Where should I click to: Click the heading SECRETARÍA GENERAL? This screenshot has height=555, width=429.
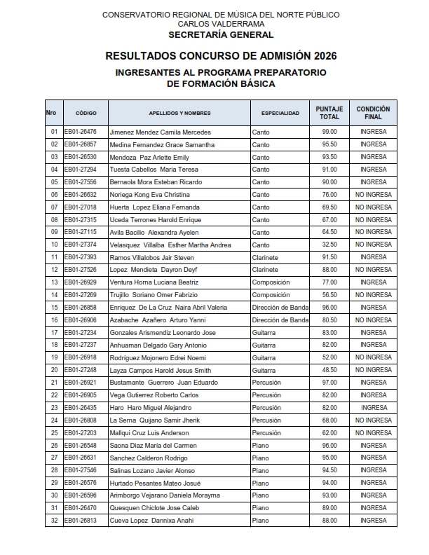click(x=221, y=34)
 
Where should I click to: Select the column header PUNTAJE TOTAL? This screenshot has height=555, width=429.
click(x=329, y=113)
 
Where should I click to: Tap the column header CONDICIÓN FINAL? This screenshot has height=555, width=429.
click(x=373, y=113)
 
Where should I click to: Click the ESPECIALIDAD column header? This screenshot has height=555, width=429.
click(x=280, y=113)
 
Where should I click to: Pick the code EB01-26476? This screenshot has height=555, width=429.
click(x=80, y=132)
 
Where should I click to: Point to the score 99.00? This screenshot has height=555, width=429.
click(x=329, y=132)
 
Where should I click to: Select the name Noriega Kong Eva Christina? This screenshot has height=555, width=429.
click(x=150, y=195)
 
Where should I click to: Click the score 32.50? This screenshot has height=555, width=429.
click(x=329, y=245)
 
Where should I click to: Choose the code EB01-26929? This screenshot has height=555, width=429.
click(x=80, y=282)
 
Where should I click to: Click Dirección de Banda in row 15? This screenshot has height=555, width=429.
click(x=280, y=308)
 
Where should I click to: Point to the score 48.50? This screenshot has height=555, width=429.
click(x=329, y=370)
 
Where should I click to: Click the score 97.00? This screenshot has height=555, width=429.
click(x=329, y=383)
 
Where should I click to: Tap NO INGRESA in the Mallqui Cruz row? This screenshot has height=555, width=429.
click(x=373, y=433)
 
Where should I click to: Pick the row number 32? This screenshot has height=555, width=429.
click(x=53, y=521)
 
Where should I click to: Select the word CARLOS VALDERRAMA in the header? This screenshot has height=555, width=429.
click(x=221, y=23)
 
